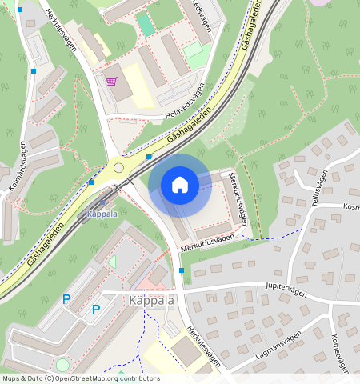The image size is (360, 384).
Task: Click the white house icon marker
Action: (180, 185)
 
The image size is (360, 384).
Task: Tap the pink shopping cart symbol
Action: (111, 81)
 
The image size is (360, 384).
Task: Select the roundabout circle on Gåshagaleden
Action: (119, 168)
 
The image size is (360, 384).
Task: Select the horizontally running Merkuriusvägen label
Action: (207, 243)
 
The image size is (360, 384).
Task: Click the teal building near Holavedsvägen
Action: (145, 23)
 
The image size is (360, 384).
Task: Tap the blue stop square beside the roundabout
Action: (150, 157)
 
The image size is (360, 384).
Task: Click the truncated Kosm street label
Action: (350, 206)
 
